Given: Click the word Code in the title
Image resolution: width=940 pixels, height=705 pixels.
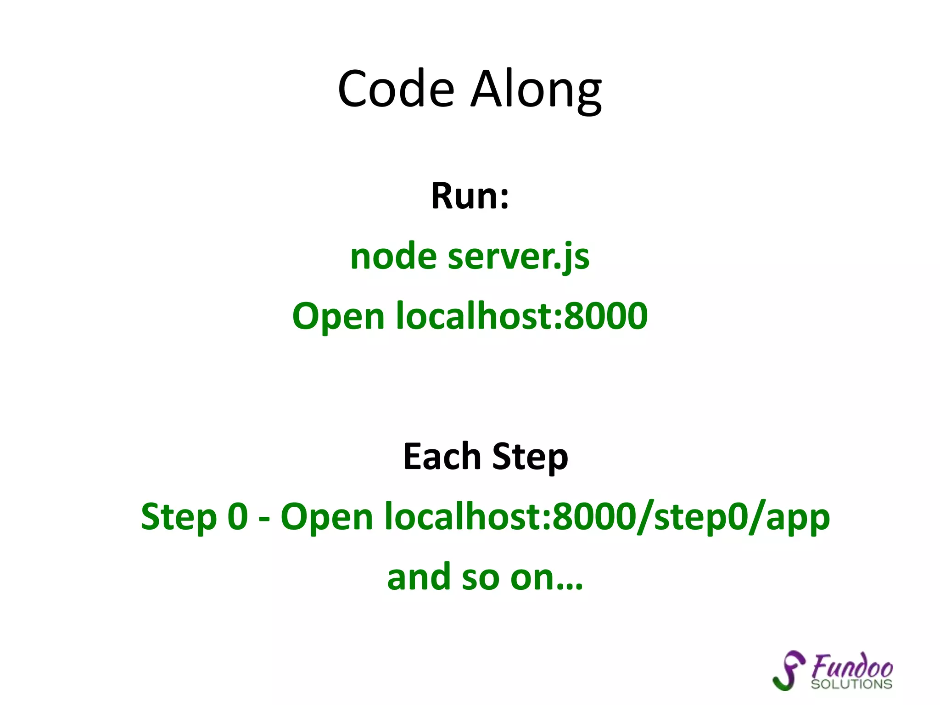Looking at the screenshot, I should click(x=396, y=89).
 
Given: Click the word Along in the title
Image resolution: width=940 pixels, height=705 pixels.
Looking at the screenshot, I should click(x=536, y=89).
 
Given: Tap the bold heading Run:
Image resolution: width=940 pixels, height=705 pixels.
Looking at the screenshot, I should click(x=470, y=196).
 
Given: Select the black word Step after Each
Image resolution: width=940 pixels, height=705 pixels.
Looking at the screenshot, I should click(x=530, y=457).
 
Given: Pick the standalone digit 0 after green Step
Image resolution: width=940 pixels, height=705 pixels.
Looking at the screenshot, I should click(x=238, y=516).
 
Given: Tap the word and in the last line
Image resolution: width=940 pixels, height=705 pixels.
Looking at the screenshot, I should click(x=419, y=577).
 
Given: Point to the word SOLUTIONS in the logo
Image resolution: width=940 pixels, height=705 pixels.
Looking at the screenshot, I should click(x=851, y=684).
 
